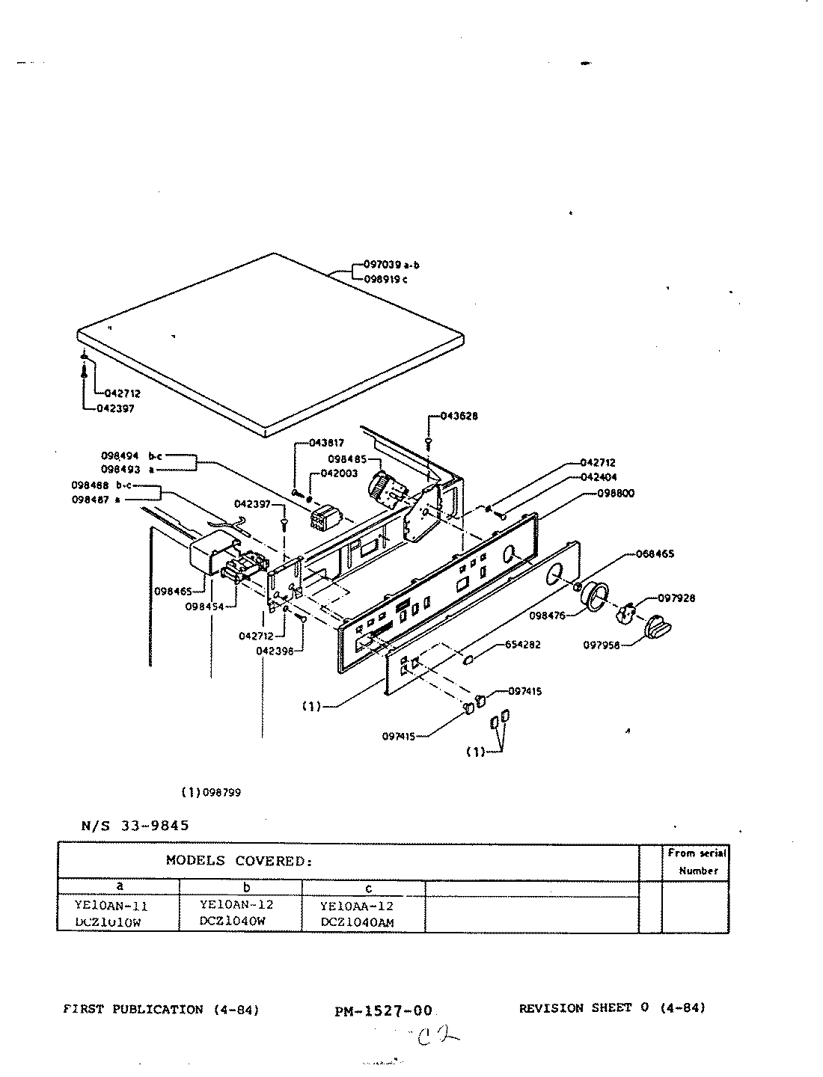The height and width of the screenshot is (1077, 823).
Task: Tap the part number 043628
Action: pos(459,416)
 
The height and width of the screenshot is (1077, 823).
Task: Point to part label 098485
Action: pos(346,458)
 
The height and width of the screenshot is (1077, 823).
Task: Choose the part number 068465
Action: pos(655,554)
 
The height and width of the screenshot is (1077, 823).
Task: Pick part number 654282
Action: pos(522,644)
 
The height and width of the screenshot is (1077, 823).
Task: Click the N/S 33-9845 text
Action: pos(135,826)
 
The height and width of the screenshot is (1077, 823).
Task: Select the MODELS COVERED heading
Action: pos(239,861)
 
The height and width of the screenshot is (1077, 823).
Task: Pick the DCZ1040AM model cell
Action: pos(357,922)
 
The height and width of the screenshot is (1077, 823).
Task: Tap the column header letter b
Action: pos(246,888)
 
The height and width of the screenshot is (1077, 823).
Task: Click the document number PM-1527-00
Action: pos(385,1011)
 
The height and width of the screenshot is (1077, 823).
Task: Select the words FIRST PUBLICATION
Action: pos(133,1009)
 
